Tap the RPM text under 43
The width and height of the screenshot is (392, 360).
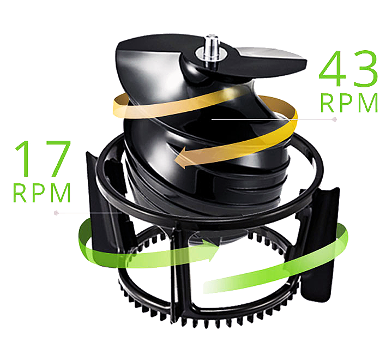349,103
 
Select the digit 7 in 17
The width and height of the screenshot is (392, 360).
56,158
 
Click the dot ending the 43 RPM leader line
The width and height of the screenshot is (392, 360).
335,119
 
